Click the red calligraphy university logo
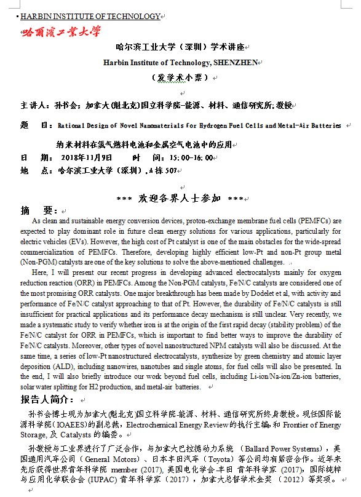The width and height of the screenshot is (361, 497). [62, 31]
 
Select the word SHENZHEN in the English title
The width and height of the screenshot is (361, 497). [235, 62]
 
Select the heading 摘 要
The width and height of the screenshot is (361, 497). [39, 210]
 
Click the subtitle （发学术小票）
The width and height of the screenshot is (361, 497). [180, 78]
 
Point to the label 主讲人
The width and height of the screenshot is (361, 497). [34, 105]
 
